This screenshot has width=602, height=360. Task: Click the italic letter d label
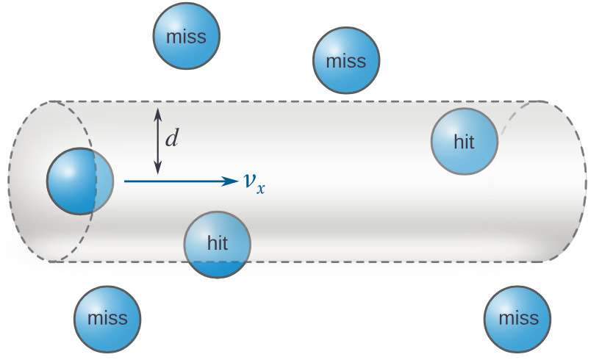171,137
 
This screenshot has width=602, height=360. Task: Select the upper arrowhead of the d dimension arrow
157,112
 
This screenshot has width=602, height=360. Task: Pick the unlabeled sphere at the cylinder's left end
79,181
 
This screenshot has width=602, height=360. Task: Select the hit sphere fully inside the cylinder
464,142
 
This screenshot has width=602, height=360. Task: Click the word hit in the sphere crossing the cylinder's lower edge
218,243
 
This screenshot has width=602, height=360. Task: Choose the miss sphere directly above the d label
187,36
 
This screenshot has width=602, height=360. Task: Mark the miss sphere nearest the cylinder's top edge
346,61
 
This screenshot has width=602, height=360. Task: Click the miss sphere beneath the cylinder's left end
107,320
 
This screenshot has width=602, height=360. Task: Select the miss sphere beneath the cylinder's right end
517,319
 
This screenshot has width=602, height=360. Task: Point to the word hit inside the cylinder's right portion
464,142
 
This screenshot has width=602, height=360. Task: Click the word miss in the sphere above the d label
187,37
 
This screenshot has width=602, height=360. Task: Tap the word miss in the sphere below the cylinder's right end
518,319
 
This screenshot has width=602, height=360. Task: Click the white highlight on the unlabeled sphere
65,168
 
